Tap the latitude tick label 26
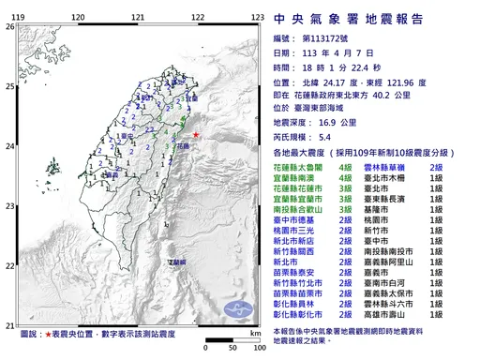click(8, 27)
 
